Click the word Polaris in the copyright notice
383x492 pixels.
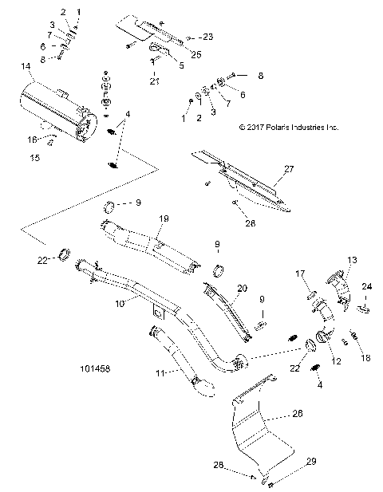pos(278,127)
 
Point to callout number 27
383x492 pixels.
pos(288,170)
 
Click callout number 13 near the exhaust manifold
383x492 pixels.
pos(352,261)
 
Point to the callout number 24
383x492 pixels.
pos(368,286)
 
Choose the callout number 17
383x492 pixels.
pos(302,274)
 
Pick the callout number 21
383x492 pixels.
pos(152,81)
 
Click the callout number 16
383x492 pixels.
pos(34,139)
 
